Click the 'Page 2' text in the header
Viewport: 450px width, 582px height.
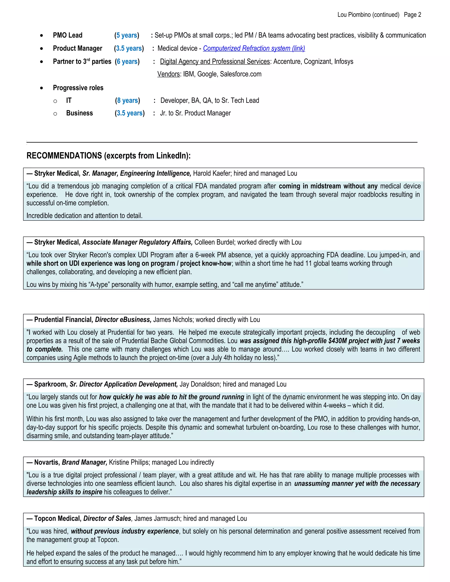(412, 15)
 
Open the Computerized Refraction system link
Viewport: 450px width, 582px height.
(254, 48)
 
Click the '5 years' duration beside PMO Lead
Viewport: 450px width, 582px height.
(127, 35)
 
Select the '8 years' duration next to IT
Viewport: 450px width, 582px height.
(127, 100)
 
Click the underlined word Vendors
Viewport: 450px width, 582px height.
(169, 74)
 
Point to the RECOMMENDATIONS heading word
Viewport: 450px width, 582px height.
(64, 156)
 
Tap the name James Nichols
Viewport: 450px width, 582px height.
(173, 320)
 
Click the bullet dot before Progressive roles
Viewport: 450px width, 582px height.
(41, 88)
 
